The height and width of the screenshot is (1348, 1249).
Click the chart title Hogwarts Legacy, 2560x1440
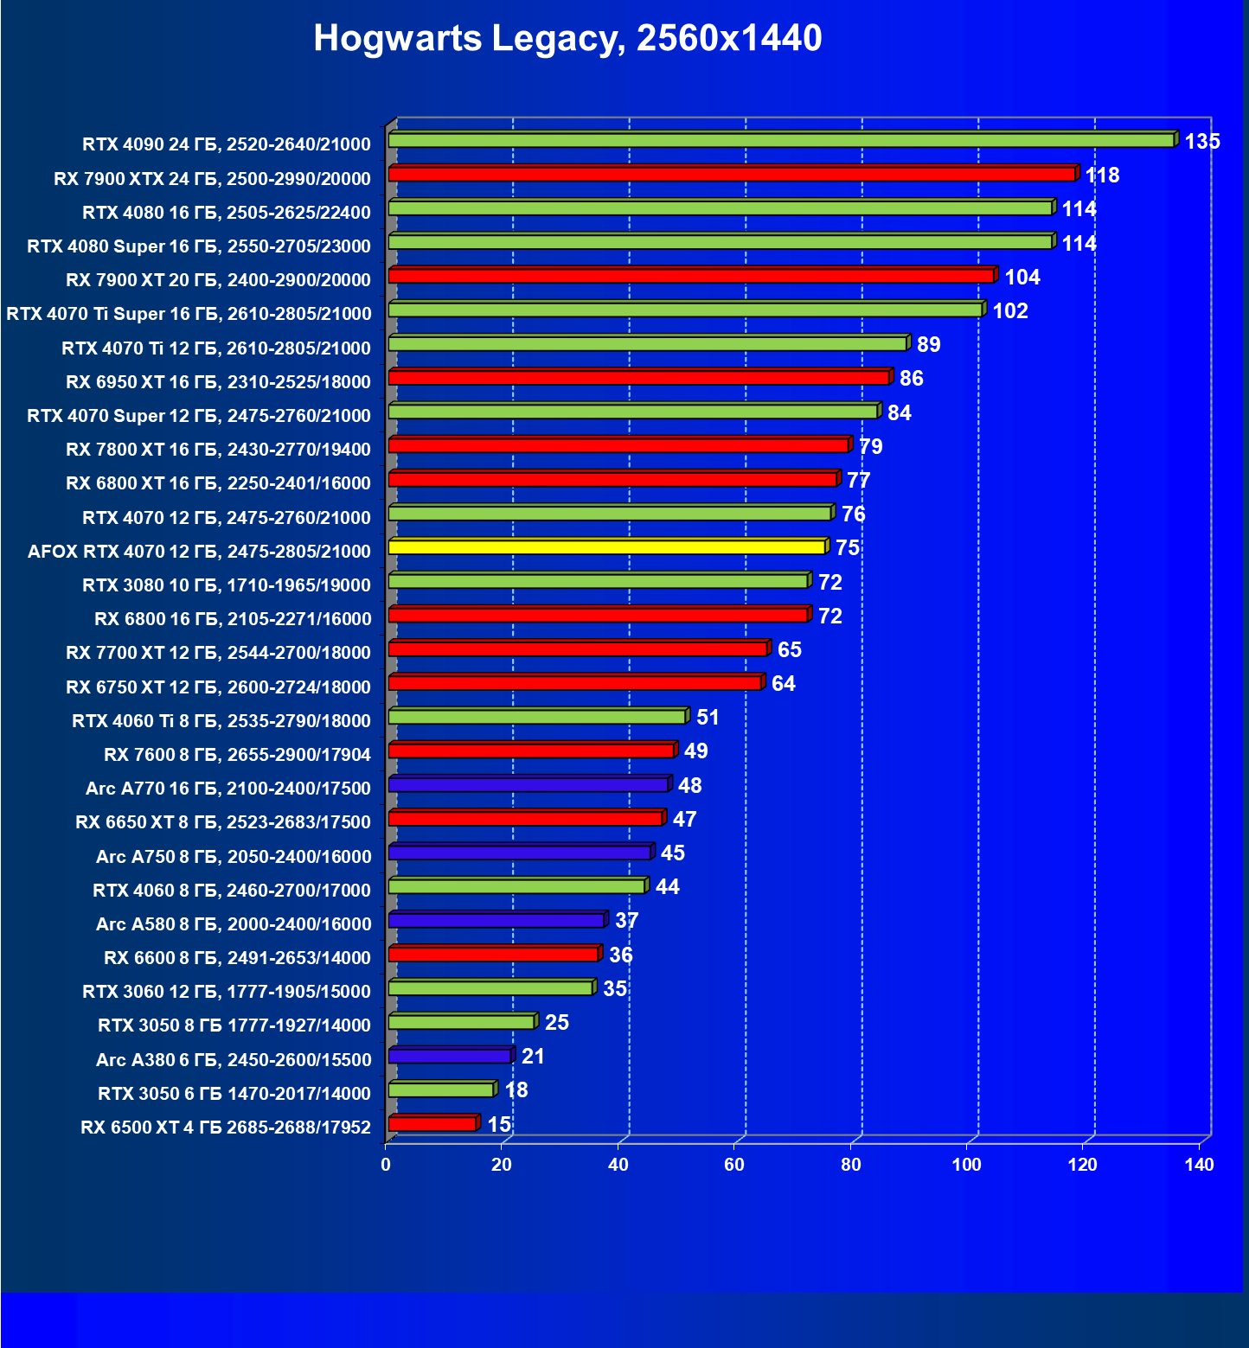567,38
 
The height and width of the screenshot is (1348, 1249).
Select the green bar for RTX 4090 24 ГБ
781,140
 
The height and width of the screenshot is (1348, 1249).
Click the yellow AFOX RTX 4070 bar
607,546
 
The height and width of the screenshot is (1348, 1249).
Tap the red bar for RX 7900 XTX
732,174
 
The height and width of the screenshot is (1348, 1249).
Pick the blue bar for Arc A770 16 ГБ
528,784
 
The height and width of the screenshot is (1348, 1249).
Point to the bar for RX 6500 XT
432,1123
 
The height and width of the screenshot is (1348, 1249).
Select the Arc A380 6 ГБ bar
450,1056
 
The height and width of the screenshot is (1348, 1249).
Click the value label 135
1201,141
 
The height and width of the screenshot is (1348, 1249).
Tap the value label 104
1022,277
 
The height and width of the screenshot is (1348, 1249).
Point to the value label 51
708,717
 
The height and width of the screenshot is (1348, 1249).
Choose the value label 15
499,1124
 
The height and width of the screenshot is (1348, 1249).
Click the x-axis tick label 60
733,1165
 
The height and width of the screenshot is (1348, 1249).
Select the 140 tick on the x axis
1199,1165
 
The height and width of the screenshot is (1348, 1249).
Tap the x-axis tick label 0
386,1165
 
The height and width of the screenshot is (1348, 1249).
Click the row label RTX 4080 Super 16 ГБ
199,246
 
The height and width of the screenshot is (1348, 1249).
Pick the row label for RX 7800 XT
218,450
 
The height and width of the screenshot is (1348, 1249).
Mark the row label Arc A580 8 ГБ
234,924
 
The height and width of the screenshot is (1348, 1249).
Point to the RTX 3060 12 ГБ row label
227,992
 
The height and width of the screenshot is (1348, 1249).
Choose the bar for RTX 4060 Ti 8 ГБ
537,716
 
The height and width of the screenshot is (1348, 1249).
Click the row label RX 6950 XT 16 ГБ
218,382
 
